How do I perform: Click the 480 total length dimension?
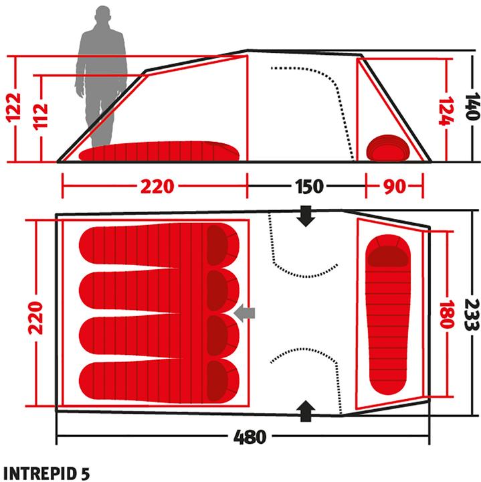pos(250,438)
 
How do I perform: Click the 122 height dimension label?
pos(13,108)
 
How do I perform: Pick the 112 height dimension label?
pos(41,118)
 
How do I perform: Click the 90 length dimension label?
pos(395,186)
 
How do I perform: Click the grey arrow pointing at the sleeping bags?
pos(246,312)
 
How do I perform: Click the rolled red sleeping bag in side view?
pos(389,147)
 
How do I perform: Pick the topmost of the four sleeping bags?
pos(159,245)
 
